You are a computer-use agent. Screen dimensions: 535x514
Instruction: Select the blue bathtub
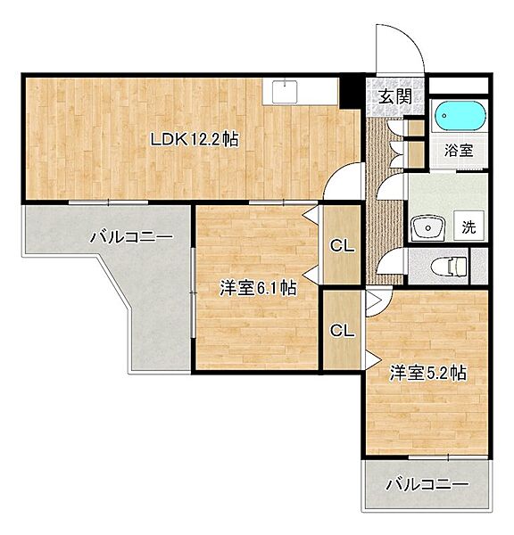pos(460,117)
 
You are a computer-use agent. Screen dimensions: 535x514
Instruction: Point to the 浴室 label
pos(460,151)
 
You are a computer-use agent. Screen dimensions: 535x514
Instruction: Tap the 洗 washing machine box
pos(468,227)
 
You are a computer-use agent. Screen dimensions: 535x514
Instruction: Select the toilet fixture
pos(446,266)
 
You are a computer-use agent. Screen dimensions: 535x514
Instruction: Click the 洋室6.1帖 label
pos(258,288)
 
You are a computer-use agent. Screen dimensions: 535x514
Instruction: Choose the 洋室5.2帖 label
pos(427,373)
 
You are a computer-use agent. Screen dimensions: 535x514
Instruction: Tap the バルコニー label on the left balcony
pos(129,238)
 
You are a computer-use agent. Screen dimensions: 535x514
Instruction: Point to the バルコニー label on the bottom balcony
pos(427,486)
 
